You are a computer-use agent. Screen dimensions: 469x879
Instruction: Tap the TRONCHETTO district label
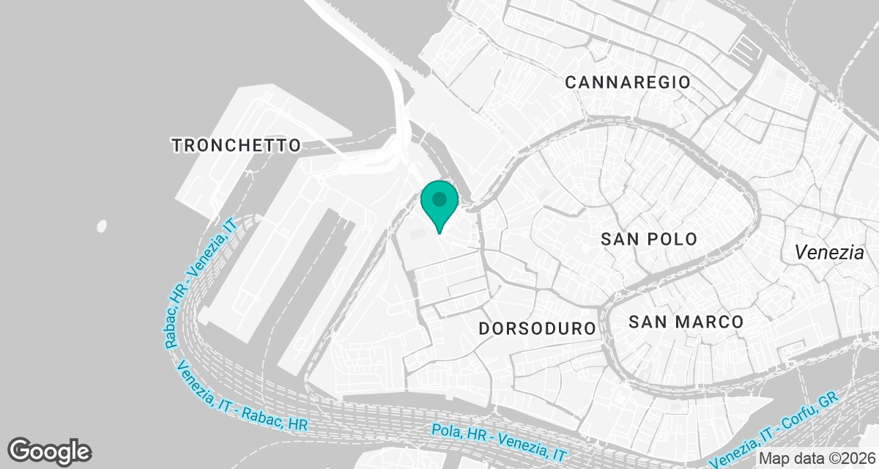(237, 145)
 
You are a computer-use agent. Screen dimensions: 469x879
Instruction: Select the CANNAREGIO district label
(628, 82)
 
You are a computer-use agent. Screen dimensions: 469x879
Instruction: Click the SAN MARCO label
(686, 322)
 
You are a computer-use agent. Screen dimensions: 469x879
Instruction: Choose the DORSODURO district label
(538, 328)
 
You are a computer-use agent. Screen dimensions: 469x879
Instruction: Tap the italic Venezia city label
(830, 253)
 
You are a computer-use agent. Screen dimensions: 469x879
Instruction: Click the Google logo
(50, 451)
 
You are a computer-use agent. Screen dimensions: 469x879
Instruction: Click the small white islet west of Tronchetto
(101, 226)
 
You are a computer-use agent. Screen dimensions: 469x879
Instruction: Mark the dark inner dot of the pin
(439, 199)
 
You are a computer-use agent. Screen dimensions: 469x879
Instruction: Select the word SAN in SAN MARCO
(647, 322)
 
